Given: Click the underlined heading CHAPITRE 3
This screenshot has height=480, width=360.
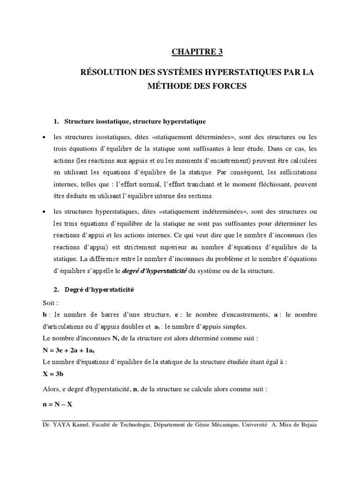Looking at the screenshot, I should click(196, 52).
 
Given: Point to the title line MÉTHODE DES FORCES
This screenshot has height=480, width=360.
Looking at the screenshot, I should click(196, 87).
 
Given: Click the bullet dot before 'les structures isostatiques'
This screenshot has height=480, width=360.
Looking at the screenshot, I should click(44, 137).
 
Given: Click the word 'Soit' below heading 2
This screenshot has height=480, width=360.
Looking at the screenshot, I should click(49, 303).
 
